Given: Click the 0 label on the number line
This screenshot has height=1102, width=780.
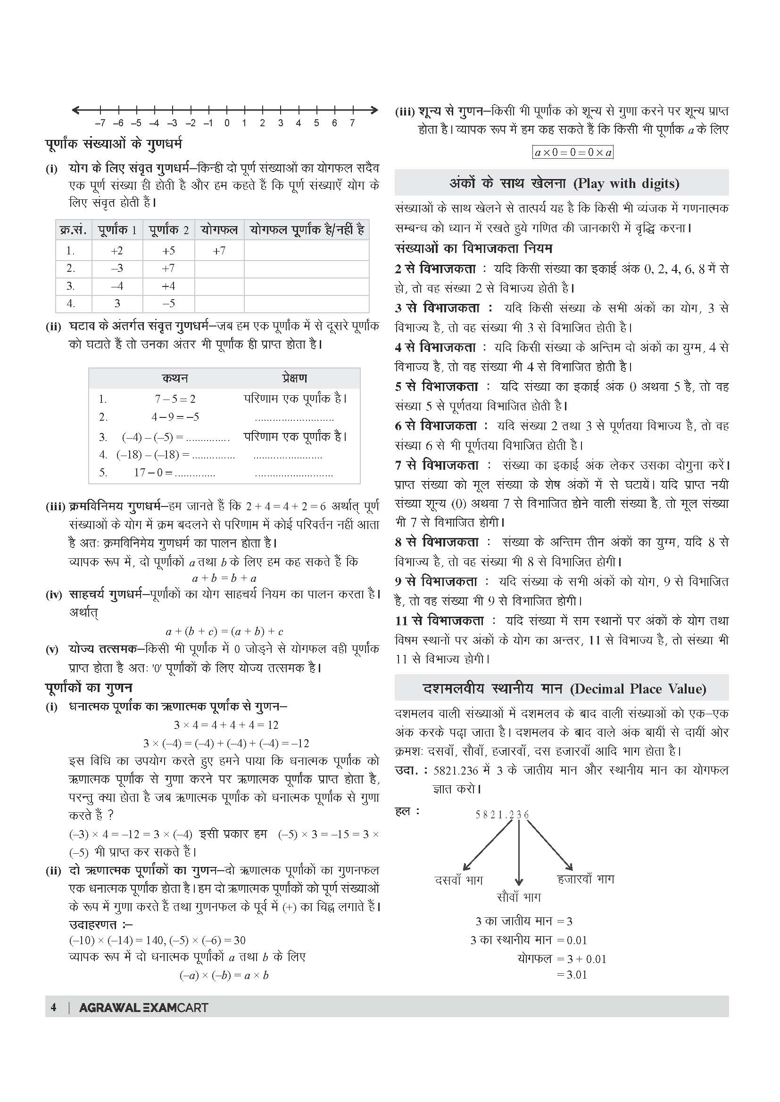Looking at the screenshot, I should [227, 123].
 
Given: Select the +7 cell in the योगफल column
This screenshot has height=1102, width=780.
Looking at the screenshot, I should [219, 251].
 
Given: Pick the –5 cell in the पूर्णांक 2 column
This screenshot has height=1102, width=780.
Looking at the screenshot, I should [168, 303].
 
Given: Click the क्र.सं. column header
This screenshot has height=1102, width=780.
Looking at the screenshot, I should [73, 230].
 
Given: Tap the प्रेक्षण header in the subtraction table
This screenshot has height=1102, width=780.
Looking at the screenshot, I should [294, 378].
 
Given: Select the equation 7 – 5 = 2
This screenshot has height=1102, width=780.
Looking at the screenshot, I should [175, 399].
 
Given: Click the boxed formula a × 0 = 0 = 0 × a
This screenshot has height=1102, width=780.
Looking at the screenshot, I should [573, 153].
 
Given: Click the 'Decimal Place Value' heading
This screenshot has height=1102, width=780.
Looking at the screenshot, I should [562, 689].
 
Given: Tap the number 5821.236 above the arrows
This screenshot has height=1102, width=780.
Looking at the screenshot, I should [502, 815].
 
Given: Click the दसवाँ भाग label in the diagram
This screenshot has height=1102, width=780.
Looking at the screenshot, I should [458, 880].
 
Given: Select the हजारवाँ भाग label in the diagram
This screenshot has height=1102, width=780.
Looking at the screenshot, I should [586, 879].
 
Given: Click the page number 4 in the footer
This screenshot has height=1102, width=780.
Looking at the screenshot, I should [53, 1007].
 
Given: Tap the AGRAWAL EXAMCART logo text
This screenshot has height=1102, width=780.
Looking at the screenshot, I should [144, 1007].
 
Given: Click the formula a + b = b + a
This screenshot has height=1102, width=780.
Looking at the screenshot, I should [224, 578].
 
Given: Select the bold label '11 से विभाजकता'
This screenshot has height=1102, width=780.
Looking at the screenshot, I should [439, 620].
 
